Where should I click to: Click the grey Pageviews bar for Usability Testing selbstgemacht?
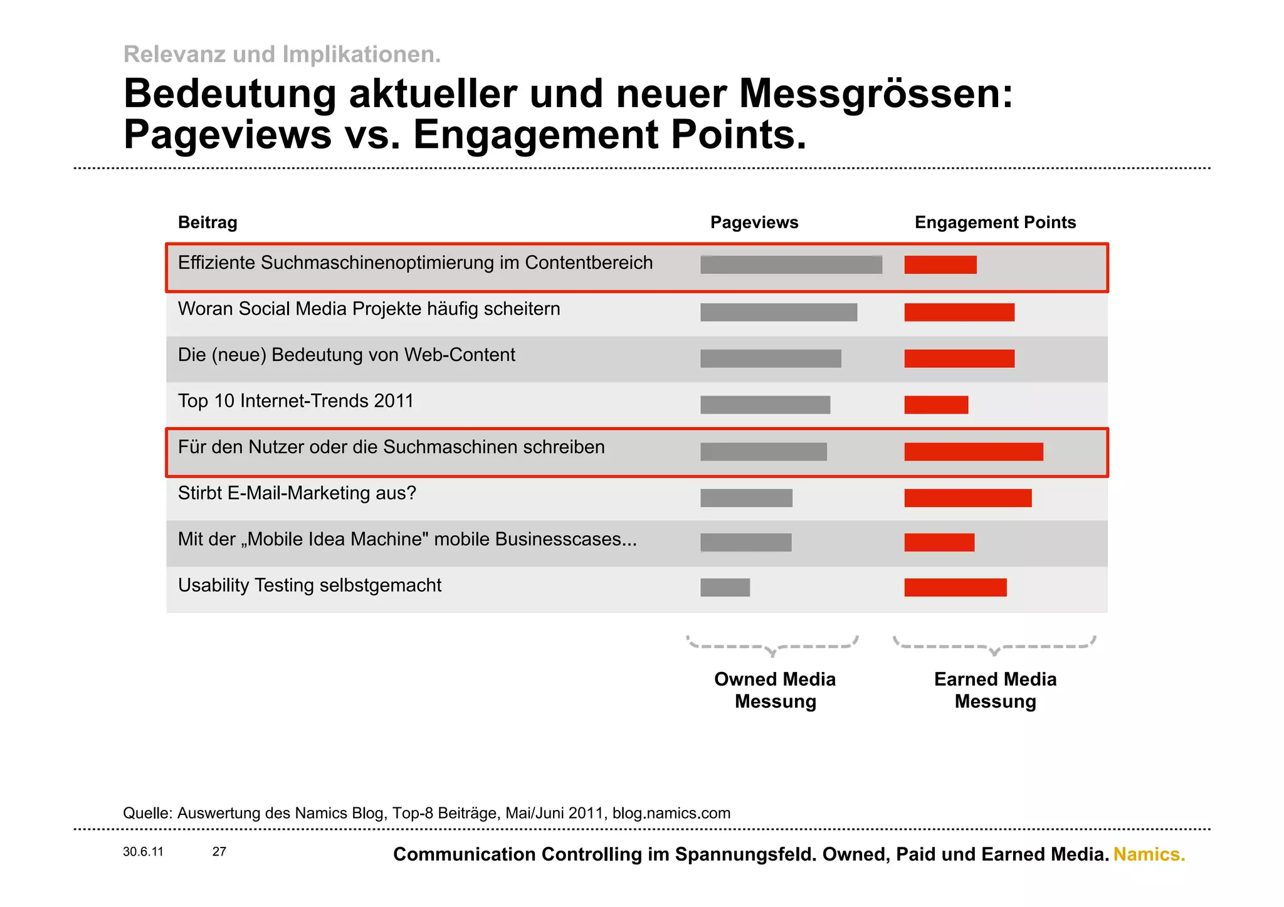coord(725,587)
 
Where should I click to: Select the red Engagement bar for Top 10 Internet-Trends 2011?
coord(936,405)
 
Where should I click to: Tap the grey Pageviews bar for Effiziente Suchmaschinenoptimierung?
coord(791,265)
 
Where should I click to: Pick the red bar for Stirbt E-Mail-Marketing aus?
coord(967,498)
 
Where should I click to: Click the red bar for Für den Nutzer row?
coord(974,452)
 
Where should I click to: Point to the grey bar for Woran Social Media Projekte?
coord(779,312)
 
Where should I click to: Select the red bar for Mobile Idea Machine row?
coord(939,542)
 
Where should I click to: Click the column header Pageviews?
coord(754,223)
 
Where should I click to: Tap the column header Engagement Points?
coord(995,223)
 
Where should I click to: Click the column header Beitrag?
coord(208,223)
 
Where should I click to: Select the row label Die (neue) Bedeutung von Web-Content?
coord(346,355)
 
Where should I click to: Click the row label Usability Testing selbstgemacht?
coord(310,585)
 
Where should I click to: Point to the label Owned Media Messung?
coord(775,690)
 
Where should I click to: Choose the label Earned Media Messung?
coord(995,690)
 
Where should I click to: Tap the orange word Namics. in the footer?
coord(1149,854)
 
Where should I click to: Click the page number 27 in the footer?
coord(219,852)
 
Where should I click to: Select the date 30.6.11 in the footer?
coord(143,852)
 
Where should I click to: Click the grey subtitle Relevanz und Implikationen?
coord(282,55)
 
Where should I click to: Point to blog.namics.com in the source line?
coord(671,813)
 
